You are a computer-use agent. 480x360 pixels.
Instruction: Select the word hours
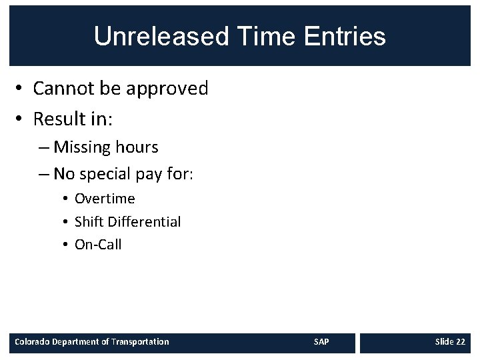(x=136, y=147)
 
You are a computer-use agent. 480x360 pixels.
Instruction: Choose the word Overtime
(x=105, y=199)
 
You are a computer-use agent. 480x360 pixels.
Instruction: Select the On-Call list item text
(x=98, y=244)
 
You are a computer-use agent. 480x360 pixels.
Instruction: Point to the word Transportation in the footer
(x=140, y=341)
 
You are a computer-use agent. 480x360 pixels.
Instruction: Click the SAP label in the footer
(x=321, y=341)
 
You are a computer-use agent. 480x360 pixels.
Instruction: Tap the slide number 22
(x=460, y=341)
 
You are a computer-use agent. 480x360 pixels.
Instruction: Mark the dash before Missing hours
(x=44, y=147)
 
